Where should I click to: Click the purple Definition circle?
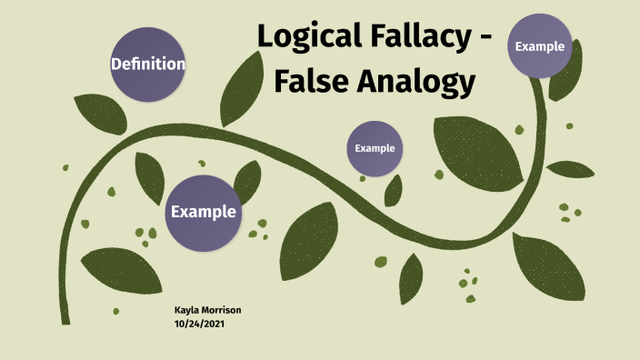147,64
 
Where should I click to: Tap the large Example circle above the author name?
203,212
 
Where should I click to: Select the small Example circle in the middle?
375,147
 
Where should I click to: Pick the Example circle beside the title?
539,46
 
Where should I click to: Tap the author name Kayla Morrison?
207,311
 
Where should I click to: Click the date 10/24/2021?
199,323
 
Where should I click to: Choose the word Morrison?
223,311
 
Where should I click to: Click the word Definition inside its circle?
147,65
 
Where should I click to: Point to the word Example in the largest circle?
204,212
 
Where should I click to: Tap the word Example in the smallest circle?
375,147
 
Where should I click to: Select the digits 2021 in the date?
213,323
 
